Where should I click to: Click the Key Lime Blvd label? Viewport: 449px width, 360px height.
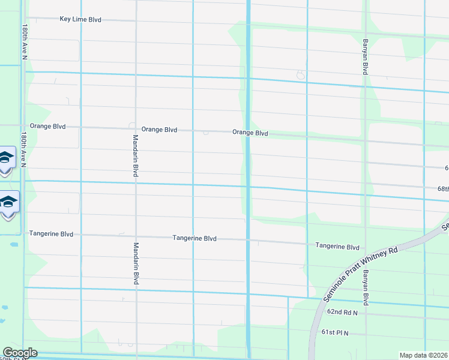80,19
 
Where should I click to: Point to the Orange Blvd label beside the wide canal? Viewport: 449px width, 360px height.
250,133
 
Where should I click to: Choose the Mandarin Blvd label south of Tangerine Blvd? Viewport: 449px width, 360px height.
136,263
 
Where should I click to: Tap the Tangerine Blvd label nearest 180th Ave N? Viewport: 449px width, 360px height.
51,234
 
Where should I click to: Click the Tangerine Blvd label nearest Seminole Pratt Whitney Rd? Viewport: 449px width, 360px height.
337,247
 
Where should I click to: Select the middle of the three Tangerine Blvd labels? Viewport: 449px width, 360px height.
194,238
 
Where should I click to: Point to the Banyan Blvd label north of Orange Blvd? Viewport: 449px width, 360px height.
364,57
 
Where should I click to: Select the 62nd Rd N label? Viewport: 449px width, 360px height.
342,313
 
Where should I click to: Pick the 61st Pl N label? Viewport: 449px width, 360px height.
335,332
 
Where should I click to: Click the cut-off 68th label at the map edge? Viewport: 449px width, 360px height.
442,188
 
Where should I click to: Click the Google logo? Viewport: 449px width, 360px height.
20,353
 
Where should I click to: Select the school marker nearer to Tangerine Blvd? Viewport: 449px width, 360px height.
7,202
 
